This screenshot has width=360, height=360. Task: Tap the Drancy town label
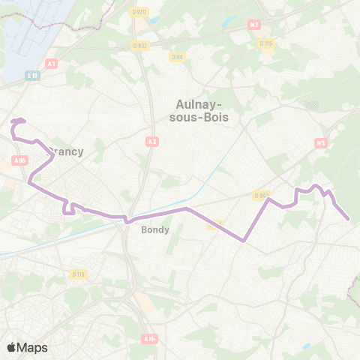point(66,151)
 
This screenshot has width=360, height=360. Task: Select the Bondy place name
point(155,230)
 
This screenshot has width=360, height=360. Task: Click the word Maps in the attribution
point(33,347)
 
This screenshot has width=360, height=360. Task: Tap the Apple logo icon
point(11,347)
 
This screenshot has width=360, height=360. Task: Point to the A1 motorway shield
point(52,64)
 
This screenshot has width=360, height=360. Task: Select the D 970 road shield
point(139,13)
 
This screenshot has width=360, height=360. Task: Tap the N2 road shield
point(254,25)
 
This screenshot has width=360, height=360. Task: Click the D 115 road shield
point(266,43)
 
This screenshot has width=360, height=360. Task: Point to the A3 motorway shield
point(152,140)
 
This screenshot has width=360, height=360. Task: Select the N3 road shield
point(321,142)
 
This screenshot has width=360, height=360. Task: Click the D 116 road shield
point(79,274)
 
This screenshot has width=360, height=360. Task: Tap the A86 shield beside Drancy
point(19,160)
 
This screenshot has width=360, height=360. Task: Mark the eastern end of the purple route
point(349,219)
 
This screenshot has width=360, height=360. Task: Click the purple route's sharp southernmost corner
point(245,241)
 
